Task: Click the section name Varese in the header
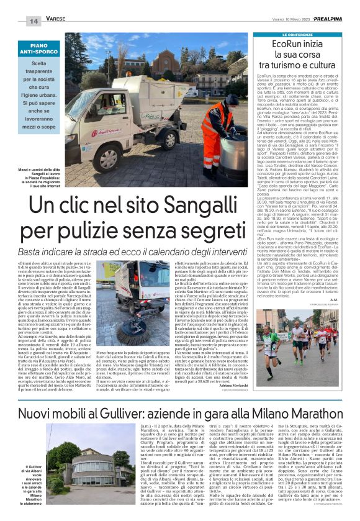[56, 20]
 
